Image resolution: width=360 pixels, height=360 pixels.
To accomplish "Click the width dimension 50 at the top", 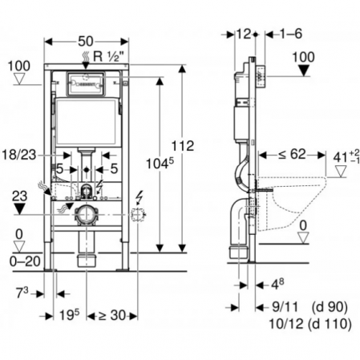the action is tap(86, 42).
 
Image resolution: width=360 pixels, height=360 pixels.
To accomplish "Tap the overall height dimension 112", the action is tap(183, 146).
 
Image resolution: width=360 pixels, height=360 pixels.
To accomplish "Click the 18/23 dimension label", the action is tap(19, 155).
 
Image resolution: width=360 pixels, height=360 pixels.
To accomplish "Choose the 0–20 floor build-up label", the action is tap(25, 261).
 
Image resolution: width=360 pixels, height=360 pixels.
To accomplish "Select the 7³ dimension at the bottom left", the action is tap(22, 293).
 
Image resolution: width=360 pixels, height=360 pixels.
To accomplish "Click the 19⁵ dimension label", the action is tap(70, 314).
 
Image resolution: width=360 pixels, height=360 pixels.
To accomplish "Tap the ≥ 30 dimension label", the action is tap(112, 316).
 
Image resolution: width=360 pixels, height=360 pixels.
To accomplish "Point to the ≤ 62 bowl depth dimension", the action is tap(292, 154).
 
